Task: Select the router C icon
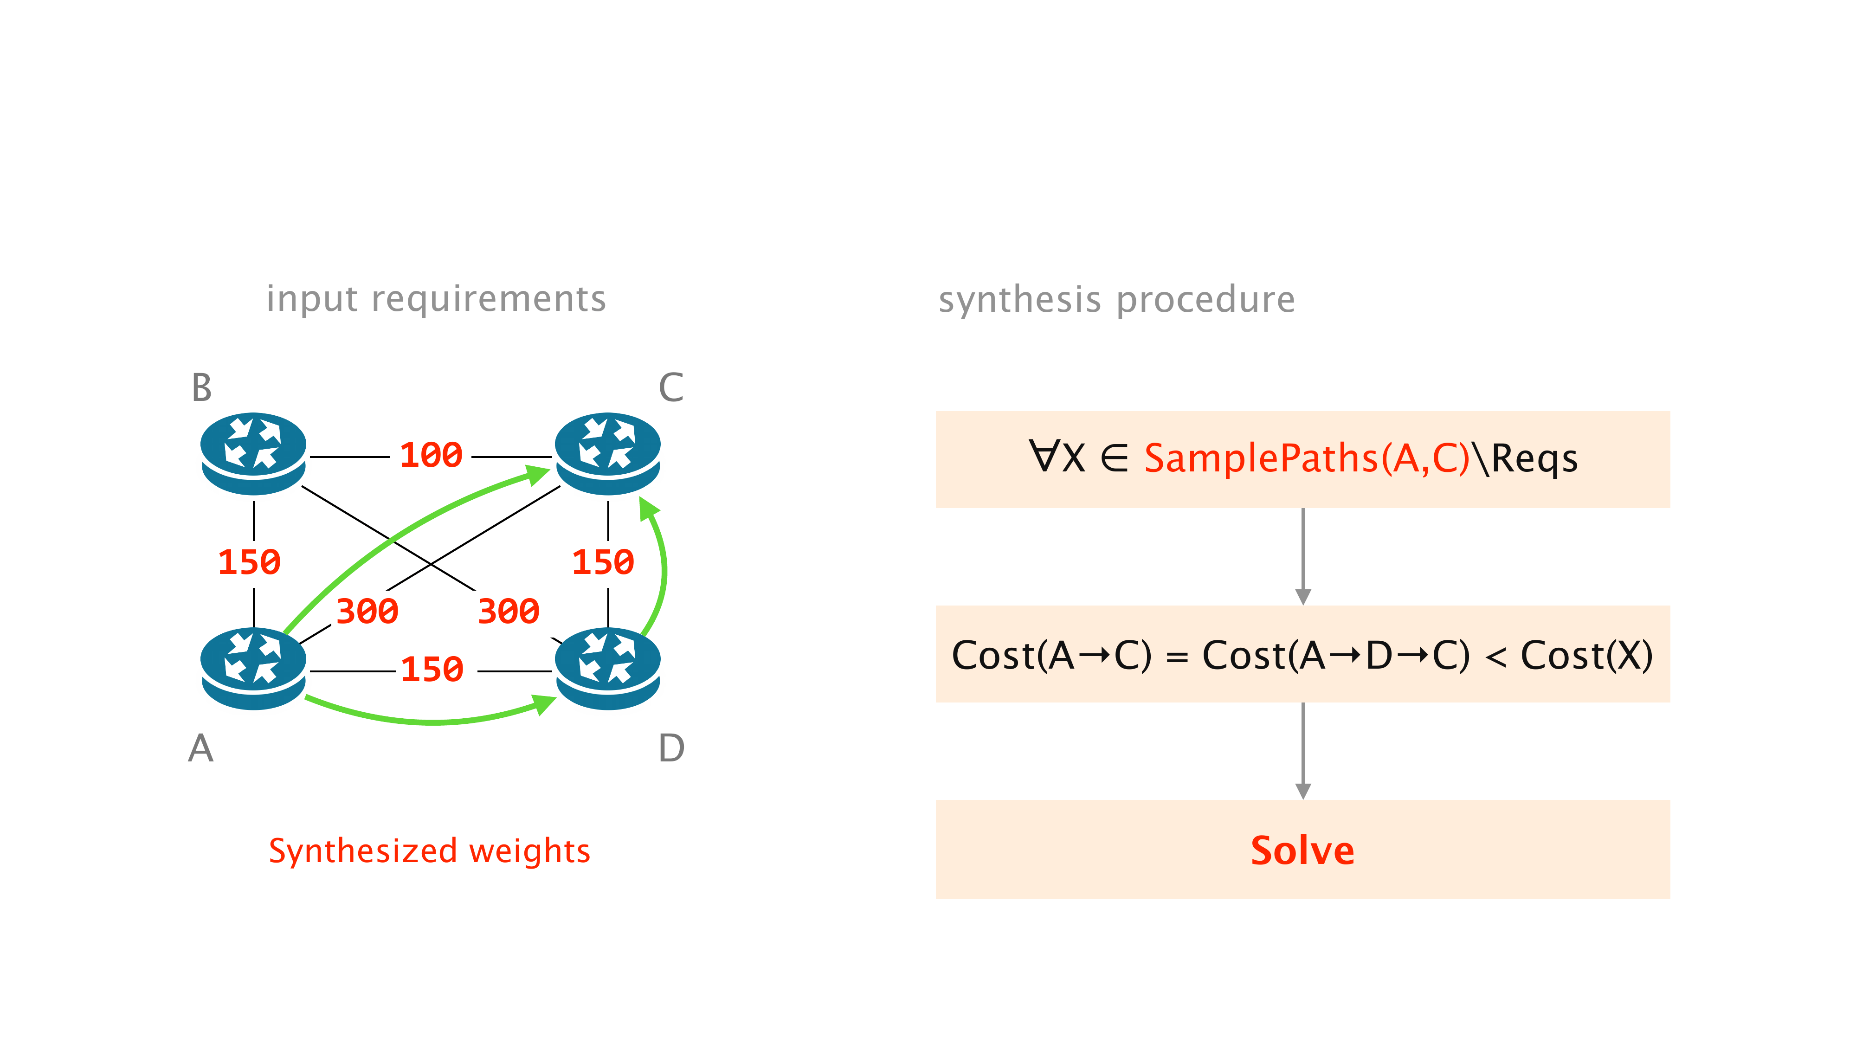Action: click(x=607, y=452)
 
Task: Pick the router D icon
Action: click(x=607, y=668)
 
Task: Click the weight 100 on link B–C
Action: click(x=431, y=455)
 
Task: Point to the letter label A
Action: click(x=201, y=748)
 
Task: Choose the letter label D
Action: click(x=671, y=748)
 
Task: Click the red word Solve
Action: click(x=1302, y=851)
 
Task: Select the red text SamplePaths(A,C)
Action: click(x=1306, y=458)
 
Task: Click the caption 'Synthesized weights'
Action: click(x=429, y=851)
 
